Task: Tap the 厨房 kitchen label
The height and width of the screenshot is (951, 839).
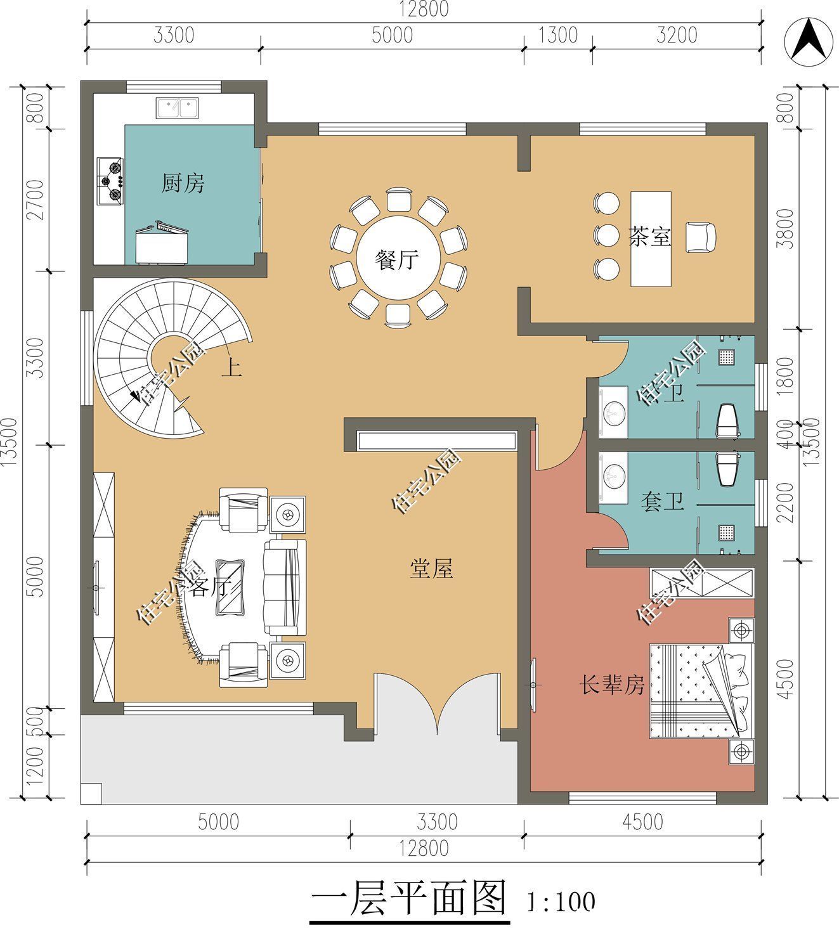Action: pyautogui.click(x=183, y=184)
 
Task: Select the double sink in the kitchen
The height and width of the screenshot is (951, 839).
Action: pyautogui.click(x=177, y=108)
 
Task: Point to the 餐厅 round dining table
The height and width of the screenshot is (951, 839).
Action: pyautogui.click(x=398, y=260)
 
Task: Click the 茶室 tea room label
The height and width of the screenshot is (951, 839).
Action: pyautogui.click(x=649, y=237)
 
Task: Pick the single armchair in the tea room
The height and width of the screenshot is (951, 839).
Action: pyautogui.click(x=701, y=237)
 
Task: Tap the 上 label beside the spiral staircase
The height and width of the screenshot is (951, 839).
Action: pyautogui.click(x=231, y=369)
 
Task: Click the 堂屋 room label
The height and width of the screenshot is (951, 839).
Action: pyautogui.click(x=431, y=569)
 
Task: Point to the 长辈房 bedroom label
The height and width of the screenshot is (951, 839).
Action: pyautogui.click(x=612, y=685)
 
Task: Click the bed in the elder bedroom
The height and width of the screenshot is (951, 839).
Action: pyautogui.click(x=701, y=691)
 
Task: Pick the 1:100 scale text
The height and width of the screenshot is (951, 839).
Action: pyautogui.click(x=561, y=901)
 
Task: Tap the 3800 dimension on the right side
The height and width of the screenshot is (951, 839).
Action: pyautogui.click(x=786, y=229)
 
